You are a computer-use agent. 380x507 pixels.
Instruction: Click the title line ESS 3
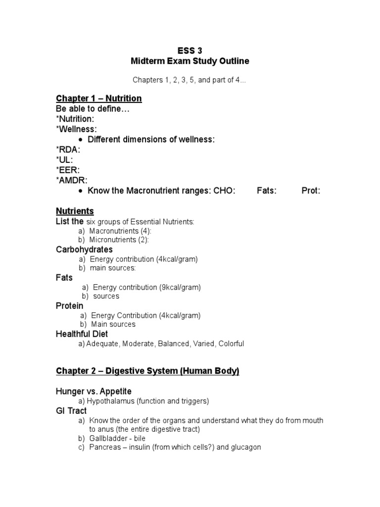[190, 50]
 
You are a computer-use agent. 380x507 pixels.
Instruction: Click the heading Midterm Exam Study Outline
[190, 61]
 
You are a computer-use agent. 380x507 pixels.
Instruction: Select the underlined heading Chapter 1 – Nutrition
[99, 99]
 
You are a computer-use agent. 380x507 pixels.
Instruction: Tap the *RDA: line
[68, 150]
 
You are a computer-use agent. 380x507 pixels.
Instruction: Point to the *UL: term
[64, 160]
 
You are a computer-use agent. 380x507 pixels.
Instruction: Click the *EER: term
[67, 170]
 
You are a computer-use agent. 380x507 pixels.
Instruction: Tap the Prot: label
[311, 191]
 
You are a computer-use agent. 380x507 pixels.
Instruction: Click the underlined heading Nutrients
[75, 211]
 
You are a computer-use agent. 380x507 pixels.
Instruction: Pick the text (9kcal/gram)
[178, 287]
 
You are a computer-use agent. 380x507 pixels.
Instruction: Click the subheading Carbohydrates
[84, 250]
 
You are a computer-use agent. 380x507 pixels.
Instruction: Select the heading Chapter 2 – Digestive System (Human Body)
[147, 371]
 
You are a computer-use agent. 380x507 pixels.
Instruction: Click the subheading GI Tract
[71, 411]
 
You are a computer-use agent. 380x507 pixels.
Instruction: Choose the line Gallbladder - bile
[118, 438]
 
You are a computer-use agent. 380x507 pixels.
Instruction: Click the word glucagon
[244, 448]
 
